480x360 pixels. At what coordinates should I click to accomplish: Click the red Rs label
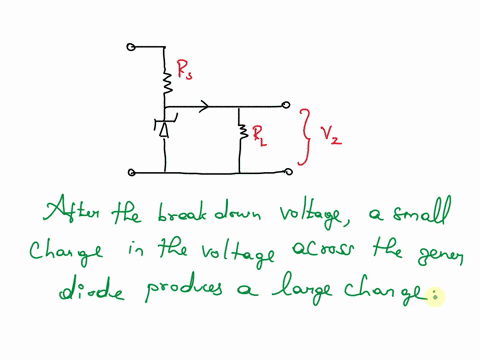[185, 71]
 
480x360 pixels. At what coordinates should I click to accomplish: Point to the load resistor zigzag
[241, 131]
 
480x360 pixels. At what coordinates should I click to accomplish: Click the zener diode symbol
[166, 126]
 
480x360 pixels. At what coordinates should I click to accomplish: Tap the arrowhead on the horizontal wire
[205, 104]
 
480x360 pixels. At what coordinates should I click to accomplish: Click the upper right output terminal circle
[288, 104]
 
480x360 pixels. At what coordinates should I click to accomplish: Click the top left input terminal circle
[131, 46]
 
